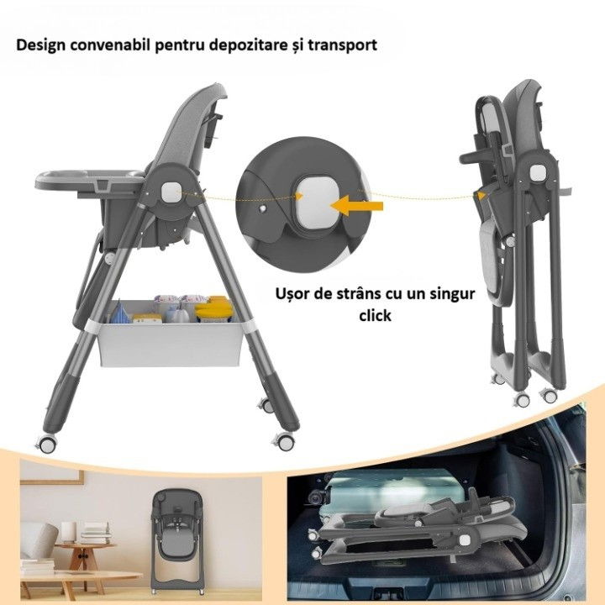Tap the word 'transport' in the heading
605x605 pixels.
pyautogui.click(x=338, y=44)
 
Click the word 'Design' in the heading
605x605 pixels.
pyautogui.click(x=40, y=44)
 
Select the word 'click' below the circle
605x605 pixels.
pyautogui.click(x=376, y=318)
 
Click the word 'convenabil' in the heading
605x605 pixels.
pyautogui.click(x=114, y=44)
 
